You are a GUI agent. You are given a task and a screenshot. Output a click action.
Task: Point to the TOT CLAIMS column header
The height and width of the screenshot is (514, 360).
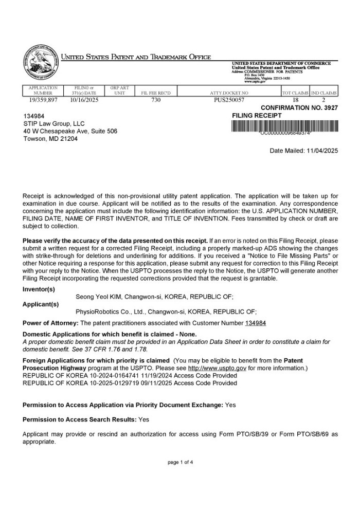point(295,93)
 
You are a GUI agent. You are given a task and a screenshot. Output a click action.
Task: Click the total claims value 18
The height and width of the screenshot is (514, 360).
point(295,100)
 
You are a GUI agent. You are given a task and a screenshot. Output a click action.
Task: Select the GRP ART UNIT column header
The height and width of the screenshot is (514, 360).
point(119,90)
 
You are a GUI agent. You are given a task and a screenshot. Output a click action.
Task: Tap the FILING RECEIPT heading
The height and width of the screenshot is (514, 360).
point(257,116)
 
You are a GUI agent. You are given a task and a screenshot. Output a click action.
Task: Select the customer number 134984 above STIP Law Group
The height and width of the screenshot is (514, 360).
point(34,116)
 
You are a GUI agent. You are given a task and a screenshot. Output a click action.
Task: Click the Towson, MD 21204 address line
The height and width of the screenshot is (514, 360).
point(50,139)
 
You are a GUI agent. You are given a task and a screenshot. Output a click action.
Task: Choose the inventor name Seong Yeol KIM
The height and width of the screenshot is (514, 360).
point(98,297)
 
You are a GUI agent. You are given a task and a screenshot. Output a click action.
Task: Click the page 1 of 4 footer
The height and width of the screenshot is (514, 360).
point(180,462)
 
